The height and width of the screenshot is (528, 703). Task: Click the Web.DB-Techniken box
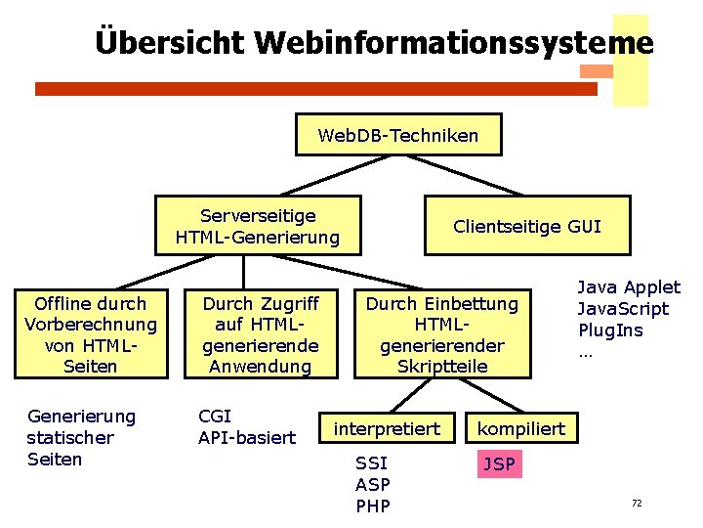tap(398, 135)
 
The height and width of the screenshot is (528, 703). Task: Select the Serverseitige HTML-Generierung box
tap(258, 226)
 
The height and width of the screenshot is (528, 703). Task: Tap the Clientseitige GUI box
tap(527, 226)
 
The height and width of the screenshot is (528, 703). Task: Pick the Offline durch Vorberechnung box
tap(90, 334)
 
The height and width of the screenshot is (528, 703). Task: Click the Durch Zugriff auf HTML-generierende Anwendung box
tap(261, 334)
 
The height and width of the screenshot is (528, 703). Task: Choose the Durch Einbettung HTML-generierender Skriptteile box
tap(442, 334)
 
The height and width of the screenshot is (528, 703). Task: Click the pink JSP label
tap(499, 463)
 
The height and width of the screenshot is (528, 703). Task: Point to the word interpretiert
tap(388, 428)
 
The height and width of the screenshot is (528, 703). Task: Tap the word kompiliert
tap(520, 428)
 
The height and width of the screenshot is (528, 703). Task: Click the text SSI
tap(372, 463)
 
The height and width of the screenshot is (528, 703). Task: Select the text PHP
tap(373, 506)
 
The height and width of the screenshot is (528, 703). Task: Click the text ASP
tap(373, 484)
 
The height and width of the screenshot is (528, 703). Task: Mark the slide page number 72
tap(637, 504)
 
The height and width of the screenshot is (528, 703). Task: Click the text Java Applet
tap(629, 287)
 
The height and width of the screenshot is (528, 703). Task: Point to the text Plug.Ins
tap(610, 330)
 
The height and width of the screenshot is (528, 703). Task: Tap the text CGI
tap(215, 417)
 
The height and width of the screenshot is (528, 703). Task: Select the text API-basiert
tap(247, 438)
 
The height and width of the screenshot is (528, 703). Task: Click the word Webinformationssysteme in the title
tap(454, 43)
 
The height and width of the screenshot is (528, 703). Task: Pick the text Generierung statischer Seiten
tap(81, 438)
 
